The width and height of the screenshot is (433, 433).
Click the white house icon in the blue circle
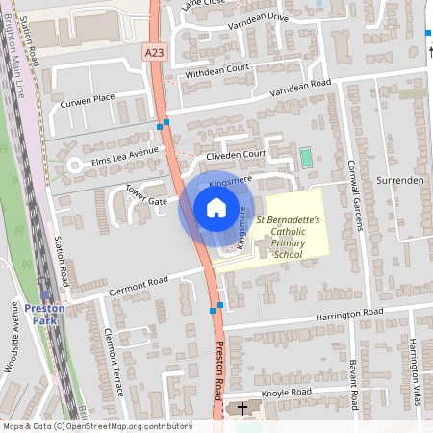[x=216, y=208]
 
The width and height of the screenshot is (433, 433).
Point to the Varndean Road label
[x=299, y=84]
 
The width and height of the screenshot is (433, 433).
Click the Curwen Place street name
[x=88, y=97]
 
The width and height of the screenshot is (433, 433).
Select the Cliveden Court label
[x=229, y=155]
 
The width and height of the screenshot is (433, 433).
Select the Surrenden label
[x=405, y=180]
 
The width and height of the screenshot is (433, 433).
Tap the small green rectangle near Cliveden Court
[x=306, y=156]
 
